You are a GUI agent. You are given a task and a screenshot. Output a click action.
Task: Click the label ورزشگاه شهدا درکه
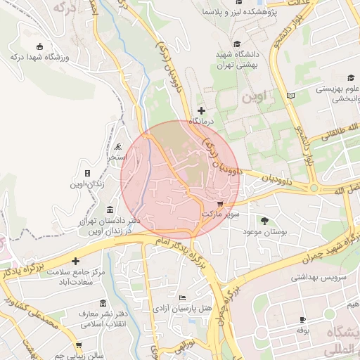[x=39, y=57]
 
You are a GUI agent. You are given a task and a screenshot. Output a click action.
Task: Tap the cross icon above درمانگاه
[x=202, y=110]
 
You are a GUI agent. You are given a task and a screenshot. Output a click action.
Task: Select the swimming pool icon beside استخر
[x=117, y=147]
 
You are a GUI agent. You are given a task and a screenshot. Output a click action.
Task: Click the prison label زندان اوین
[x=86, y=184]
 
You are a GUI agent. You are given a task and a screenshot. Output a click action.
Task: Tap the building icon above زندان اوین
[x=87, y=173]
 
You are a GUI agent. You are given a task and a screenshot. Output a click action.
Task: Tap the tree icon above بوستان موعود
[x=264, y=221]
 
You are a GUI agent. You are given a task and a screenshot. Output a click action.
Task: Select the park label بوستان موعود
[x=263, y=231]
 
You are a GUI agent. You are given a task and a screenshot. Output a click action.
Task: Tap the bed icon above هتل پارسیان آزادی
[x=183, y=299]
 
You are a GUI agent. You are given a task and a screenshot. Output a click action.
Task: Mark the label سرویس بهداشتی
[x=321, y=278]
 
